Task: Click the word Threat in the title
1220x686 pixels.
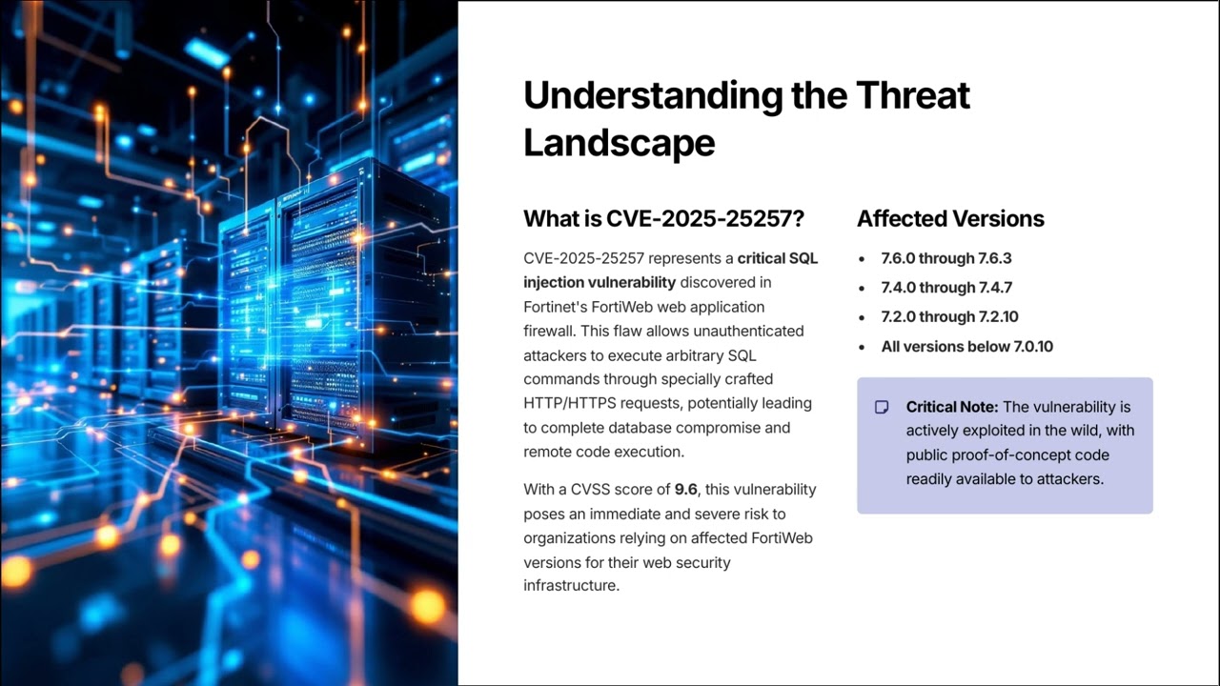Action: (912, 95)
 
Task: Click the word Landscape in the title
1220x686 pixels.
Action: (619, 143)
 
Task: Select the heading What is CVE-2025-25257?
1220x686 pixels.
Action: (663, 218)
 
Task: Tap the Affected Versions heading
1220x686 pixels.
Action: (950, 218)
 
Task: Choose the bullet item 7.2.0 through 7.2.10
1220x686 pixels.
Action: (949, 317)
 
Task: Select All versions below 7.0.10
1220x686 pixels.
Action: (966, 347)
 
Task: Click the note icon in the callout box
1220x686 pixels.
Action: (882, 408)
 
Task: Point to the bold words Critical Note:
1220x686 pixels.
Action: (952, 407)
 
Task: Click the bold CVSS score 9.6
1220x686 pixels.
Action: (685, 490)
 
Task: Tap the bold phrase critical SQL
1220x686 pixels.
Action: (777, 258)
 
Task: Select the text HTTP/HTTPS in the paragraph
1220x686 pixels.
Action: (566, 403)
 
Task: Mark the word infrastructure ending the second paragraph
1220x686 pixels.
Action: (571, 586)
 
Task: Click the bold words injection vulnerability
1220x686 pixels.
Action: (600, 282)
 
